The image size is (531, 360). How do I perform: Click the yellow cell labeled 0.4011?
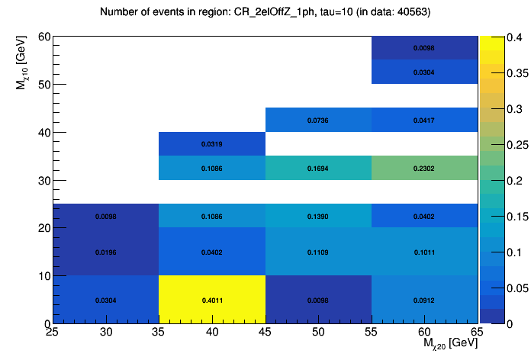[x=212, y=300]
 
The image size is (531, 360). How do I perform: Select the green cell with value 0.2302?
[x=424, y=168]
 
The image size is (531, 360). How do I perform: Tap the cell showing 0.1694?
[x=318, y=168]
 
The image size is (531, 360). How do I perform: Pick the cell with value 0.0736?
[x=318, y=120]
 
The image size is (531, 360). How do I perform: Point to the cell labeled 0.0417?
[x=424, y=120]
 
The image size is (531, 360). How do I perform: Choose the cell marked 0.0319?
[x=212, y=143]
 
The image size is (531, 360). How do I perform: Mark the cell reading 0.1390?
[x=318, y=216]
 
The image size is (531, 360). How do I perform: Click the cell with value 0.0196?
[x=106, y=252]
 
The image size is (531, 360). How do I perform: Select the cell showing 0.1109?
[x=318, y=252]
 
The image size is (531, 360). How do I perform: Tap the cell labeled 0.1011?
[x=424, y=252]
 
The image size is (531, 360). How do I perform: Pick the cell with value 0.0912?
[x=424, y=300]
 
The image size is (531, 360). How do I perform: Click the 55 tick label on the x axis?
[x=372, y=333]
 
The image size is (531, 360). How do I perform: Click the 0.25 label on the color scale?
[x=500, y=144]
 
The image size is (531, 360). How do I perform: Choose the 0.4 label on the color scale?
[x=497, y=37]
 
